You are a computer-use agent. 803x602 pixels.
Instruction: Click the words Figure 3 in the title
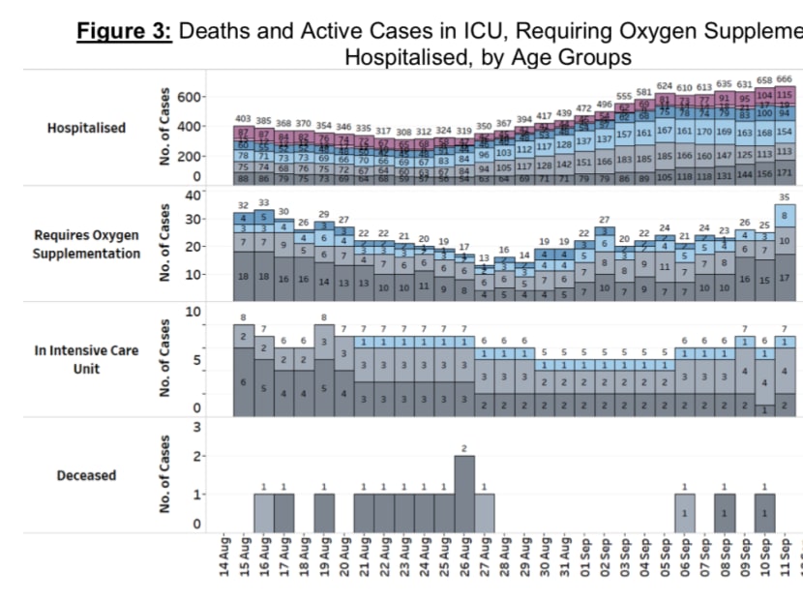coord(125,31)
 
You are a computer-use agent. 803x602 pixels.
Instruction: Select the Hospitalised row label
coord(86,128)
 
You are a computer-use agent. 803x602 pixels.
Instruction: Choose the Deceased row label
coord(86,475)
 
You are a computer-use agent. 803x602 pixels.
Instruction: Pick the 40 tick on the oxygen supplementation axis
coord(193,195)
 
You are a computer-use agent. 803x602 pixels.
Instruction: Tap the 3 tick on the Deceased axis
coord(197,427)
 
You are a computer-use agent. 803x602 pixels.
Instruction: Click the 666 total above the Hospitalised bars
coord(785,79)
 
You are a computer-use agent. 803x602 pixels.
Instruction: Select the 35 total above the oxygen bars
coord(785,197)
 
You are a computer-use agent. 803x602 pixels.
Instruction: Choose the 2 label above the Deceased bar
coord(464,448)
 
